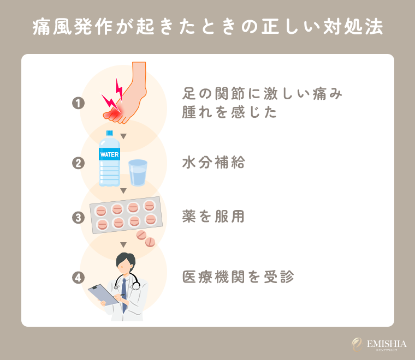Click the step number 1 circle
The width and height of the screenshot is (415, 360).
[x=79, y=103]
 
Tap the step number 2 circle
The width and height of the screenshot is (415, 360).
[x=79, y=163]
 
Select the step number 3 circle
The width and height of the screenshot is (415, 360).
[x=79, y=218]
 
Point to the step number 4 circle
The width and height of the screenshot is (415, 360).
[x=79, y=277]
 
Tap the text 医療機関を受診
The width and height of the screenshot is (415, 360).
[x=238, y=277]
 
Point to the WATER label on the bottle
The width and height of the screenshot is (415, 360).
[x=109, y=155]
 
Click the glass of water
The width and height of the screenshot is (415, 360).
[x=138, y=173]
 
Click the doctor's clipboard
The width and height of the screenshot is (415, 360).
[x=104, y=295]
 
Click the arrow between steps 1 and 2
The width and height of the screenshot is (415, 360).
[x=123, y=136]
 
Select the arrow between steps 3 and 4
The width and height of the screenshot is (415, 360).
[x=123, y=244]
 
